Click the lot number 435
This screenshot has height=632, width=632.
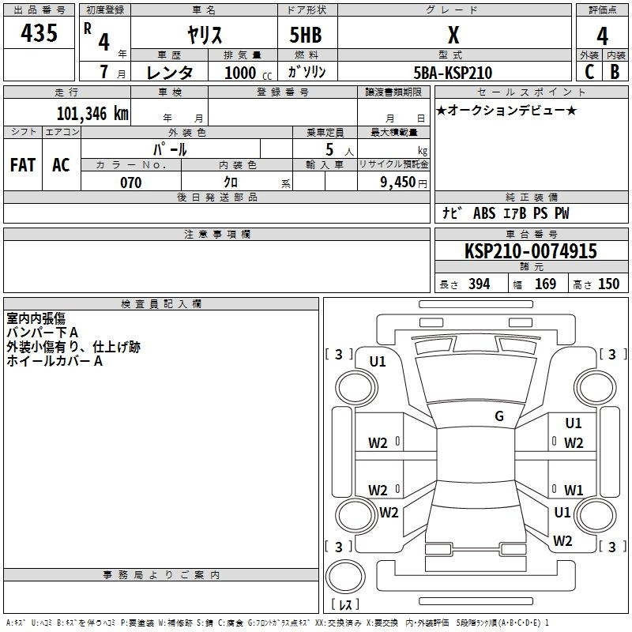pos(39,32)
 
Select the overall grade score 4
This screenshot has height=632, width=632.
pos(602,36)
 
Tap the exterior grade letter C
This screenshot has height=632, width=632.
pos(589,72)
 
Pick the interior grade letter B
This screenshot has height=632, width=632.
pos(615,72)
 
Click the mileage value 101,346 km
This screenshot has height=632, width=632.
pos(92,114)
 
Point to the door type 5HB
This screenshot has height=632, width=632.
pos(306,35)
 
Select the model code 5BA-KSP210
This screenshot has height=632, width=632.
pos(453,73)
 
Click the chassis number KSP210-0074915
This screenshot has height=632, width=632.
pos(530,251)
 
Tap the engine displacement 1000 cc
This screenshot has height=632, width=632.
pos(248,73)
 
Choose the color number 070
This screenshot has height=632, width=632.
pos(131,182)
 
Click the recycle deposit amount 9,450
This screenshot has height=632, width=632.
pos(397,182)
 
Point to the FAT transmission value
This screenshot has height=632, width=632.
pos(23,165)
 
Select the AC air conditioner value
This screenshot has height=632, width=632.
pos(61,165)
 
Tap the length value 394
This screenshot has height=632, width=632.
pos(479,284)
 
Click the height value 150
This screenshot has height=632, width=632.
pos(608,284)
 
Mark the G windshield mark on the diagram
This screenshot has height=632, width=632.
pos(499,416)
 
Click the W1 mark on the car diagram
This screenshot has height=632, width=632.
pos(574,490)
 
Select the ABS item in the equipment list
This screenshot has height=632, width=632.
pos(484,213)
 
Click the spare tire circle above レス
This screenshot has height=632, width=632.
pos(345,576)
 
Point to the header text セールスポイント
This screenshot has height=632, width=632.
pos(531,92)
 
